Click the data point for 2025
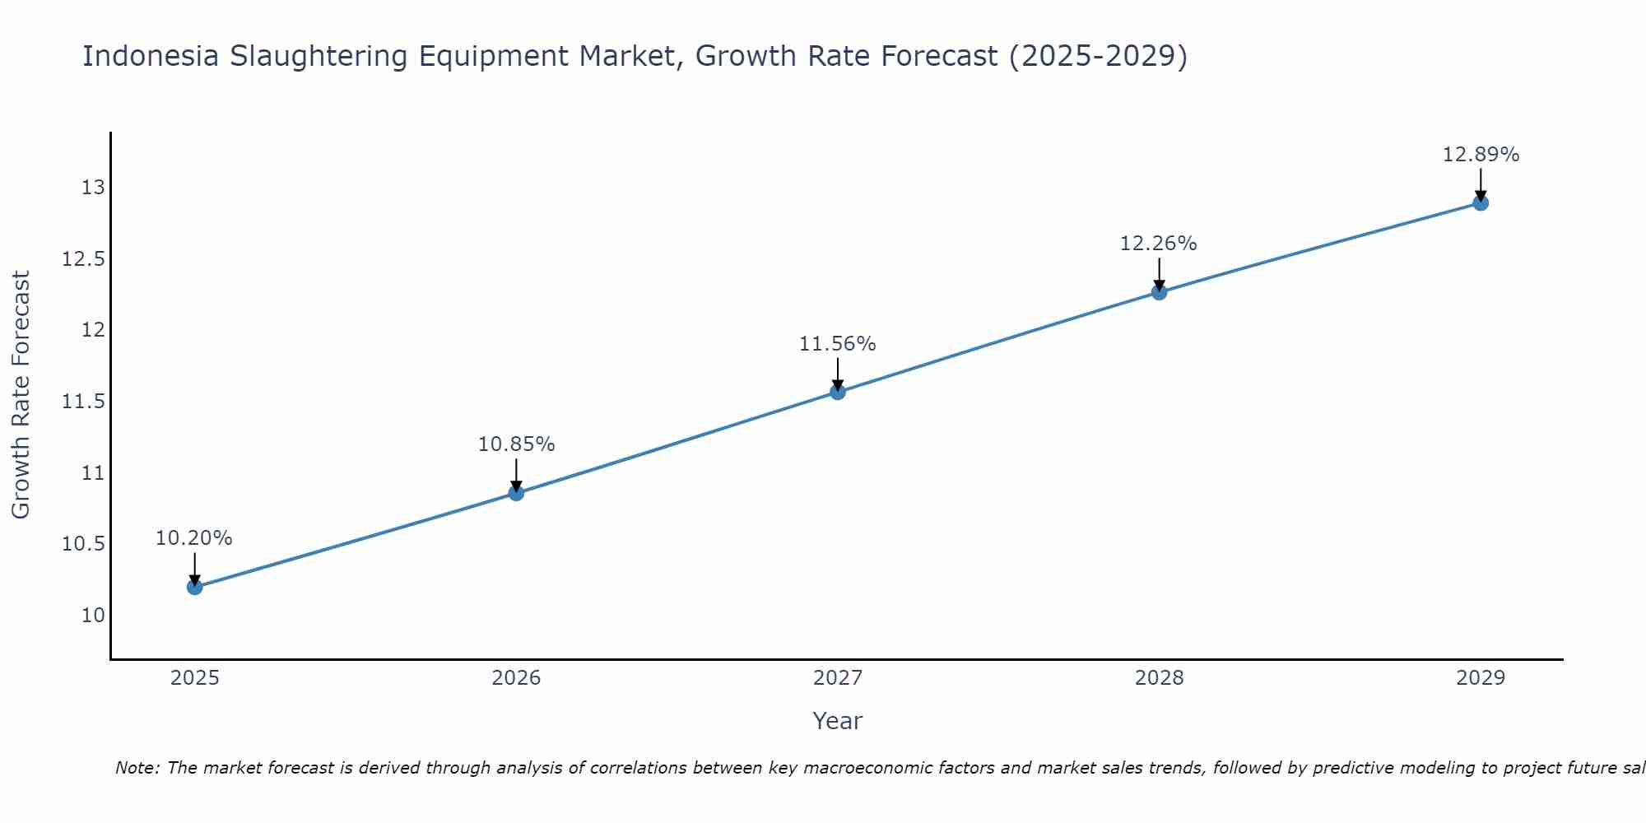pos(194,587)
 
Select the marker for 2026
pos(516,493)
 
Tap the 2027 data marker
pos(838,392)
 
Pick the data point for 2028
pos(1159,291)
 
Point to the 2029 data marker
pos(1481,202)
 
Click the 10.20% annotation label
pos(194,538)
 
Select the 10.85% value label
pos(516,444)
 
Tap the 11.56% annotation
pos(838,344)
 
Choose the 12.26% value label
pos(1159,244)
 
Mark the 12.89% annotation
pos(1481,155)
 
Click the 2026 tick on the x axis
pos(516,678)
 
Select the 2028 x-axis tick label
pos(1159,678)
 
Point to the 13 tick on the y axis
pos(94,188)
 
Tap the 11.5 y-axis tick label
pos(84,402)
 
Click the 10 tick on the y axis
pos(94,615)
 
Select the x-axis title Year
pos(837,721)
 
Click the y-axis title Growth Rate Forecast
pos(21,395)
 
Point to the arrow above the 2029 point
pos(1481,183)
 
